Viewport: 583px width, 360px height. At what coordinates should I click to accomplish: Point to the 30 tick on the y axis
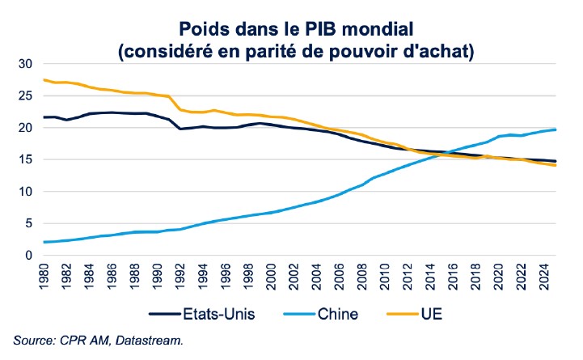pyautogui.click(x=24, y=64)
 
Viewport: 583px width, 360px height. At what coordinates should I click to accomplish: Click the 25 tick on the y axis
pyautogui.click(x=24, y=95)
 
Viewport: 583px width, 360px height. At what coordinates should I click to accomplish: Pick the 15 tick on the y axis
pyautogui.click(x=24, y=159)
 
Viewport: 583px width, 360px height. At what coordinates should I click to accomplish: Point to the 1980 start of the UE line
pyautogui.click(x=44, y=79)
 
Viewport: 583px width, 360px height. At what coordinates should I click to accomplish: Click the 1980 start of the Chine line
pyautogui.click(x=44, y=242)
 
